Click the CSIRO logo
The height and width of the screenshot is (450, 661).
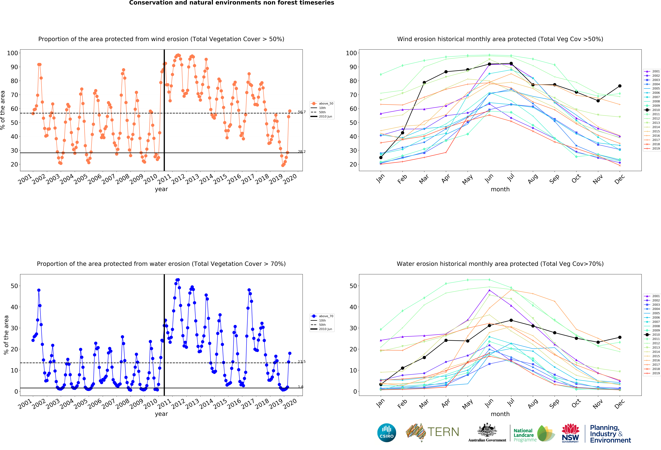click(x=387, y=433)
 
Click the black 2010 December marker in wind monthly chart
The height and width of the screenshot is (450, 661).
click(x=620, y=86)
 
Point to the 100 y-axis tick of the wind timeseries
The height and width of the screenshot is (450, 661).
click(x=12, y=53)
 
